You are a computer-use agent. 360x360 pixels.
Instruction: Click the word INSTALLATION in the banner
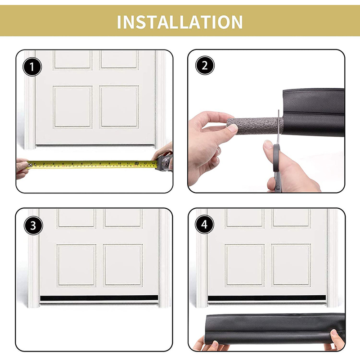click(x=180, y=22)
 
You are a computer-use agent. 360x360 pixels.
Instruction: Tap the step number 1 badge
click(x=32, y=67)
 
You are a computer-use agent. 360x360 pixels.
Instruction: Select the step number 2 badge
click(x=205, y=65)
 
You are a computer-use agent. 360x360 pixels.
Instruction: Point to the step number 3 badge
click(x=33, y=225)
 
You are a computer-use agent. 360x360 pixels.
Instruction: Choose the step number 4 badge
click(x=205, y=224)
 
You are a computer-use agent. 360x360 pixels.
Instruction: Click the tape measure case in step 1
click(x=164, y=162)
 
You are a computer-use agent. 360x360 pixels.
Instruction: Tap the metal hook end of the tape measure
click(x=30, y=164)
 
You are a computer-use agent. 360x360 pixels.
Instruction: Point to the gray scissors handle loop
click(x=276, y=158)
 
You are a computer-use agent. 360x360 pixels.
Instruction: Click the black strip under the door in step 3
click(x=99, y=298)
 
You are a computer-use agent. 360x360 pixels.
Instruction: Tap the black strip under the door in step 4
click(x=267, y=298)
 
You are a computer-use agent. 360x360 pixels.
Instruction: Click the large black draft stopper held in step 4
click(x=274, y=329)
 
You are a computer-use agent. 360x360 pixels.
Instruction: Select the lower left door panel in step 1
click(x=72, y=107)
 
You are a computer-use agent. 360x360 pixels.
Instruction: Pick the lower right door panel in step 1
click(x=119, y=107)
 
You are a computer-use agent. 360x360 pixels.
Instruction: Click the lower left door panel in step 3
click(x=76, y=265)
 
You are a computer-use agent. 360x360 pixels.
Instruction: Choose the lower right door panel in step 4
click(x=291, y=265)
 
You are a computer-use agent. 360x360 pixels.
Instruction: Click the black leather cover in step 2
click(x=314, y=112)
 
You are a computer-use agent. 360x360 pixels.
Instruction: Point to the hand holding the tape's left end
click(x=22, y=168)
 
